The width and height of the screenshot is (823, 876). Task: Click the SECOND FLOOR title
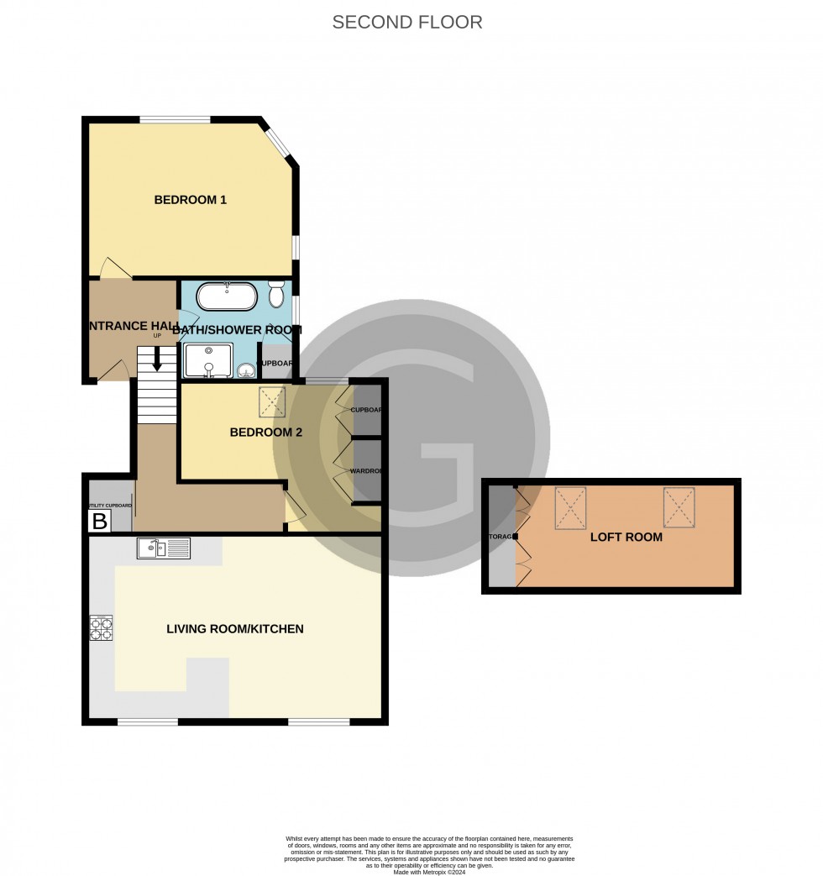407,23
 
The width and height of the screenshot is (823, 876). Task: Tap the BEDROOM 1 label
191,200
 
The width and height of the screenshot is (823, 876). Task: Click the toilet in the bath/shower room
276,296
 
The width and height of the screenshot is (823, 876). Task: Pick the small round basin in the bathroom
245,370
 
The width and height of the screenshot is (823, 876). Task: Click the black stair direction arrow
156,360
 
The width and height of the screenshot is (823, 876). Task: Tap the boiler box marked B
99,522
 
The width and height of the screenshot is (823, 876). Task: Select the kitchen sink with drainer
164,548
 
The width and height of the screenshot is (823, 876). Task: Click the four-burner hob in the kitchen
101,628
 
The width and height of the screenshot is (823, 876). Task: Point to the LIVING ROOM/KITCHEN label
234,628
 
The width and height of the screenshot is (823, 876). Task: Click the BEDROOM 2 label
266,433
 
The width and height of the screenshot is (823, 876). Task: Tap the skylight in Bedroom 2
272,402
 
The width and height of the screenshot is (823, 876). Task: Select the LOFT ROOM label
626,537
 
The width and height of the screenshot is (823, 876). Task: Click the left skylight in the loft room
570,508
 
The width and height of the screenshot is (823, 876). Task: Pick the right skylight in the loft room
679,507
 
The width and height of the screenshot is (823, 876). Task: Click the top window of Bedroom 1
175,120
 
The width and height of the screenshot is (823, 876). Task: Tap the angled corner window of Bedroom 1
278,143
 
